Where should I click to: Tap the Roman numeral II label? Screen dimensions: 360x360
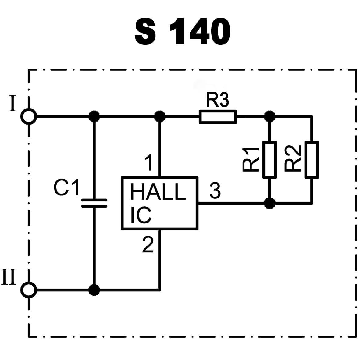tap(9, 277)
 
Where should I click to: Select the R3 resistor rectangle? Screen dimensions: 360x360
tap(218, 117)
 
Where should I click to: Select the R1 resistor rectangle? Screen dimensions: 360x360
tap(269, 159)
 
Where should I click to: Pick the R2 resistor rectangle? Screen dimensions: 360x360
tap(312, 159)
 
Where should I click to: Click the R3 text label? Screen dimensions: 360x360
tap(218, 100)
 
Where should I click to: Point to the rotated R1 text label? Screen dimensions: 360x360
tap(251, 159)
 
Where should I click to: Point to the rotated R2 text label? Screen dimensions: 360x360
tap(293, 159)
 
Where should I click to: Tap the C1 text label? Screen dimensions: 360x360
tap(66, 187)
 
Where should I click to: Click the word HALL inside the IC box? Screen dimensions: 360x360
tap(158, 192)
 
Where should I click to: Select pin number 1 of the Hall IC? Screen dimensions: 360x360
tap(149, 162)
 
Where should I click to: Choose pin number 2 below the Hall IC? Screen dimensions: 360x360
tap(148, 244)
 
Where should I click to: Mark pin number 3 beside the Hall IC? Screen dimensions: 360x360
tap(215, 191)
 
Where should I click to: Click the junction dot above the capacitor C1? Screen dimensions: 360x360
tap(94, 116)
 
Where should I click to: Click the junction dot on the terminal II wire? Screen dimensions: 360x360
tap(94, 290)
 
